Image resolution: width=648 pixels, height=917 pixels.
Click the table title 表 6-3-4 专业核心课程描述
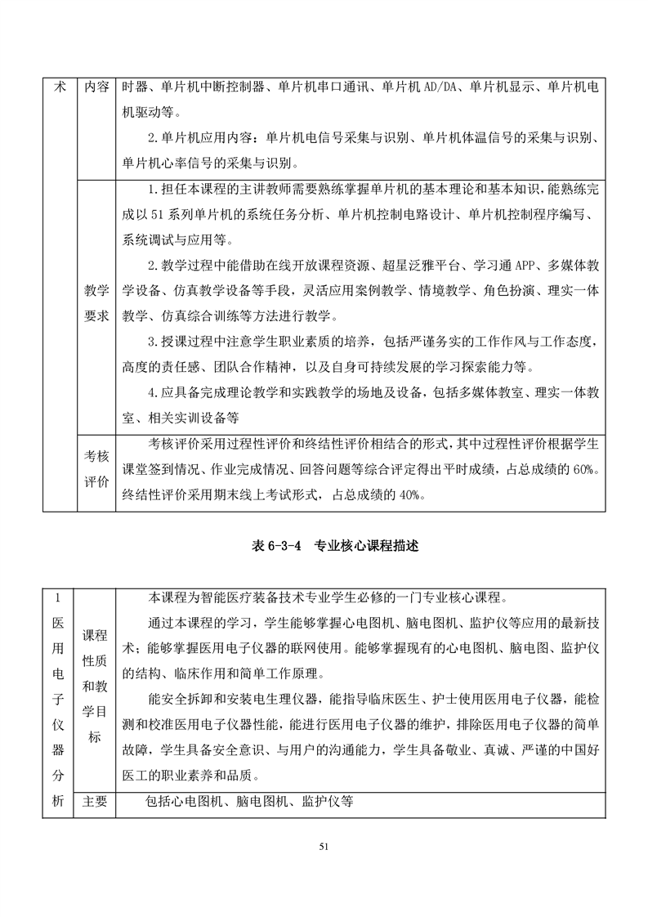tap(324, 546)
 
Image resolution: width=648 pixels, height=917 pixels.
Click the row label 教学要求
tap(96, 304)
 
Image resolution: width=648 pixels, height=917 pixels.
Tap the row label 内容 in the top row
tap(96, 87)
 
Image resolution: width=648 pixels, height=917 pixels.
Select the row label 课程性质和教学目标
tap(96, 685)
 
